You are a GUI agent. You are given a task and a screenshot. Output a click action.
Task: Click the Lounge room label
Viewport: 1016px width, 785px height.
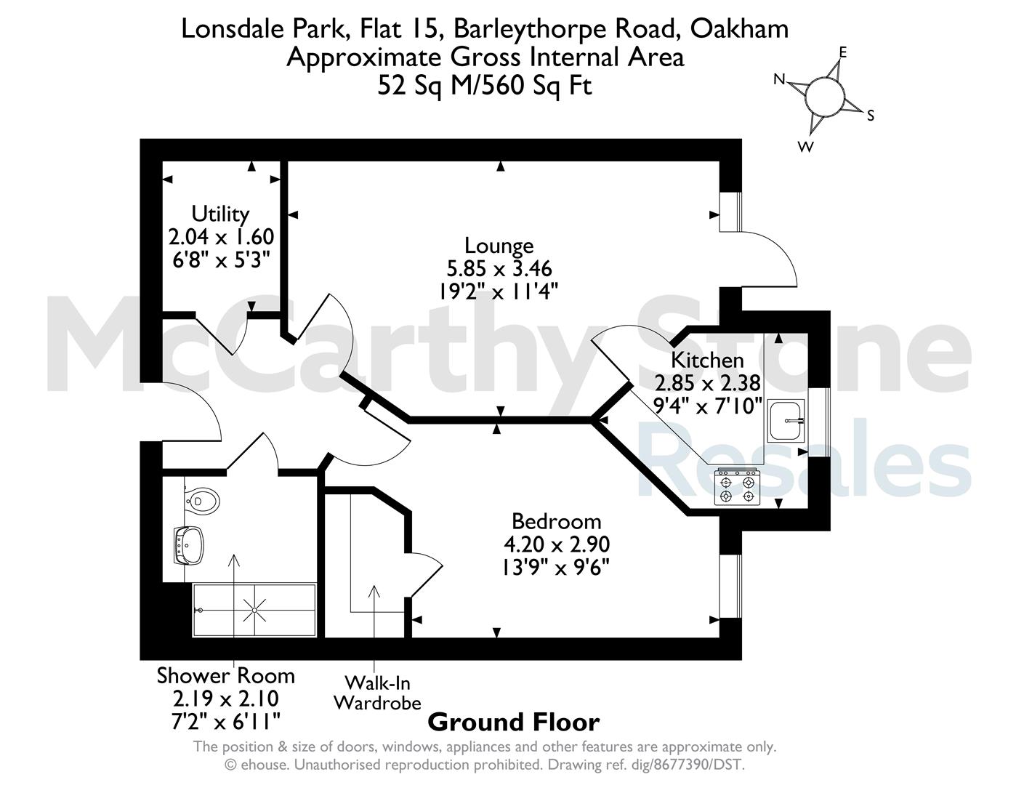pos(499,246)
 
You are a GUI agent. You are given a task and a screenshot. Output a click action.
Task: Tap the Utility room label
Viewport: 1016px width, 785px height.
pos(220,214)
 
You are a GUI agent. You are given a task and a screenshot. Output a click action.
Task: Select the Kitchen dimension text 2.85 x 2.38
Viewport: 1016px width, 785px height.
pos(707,383)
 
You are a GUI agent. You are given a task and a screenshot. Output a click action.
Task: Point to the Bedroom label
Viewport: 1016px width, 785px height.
pos(557,521)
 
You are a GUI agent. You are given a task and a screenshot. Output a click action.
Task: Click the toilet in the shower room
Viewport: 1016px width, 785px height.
pos(202,501)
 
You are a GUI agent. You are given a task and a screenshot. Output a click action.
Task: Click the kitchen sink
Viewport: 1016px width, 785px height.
pos(786,420)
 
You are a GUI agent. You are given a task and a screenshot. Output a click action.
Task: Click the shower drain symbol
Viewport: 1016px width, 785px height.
pos(255,611)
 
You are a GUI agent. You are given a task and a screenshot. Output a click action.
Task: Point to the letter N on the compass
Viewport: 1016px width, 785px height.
pos(779,79)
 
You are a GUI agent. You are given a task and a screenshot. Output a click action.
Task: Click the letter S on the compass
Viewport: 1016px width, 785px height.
pos(870,115)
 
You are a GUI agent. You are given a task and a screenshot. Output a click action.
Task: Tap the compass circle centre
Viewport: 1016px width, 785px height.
pos(826,97)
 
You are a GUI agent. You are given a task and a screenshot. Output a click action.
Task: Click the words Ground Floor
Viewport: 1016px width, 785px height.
pos(513,722)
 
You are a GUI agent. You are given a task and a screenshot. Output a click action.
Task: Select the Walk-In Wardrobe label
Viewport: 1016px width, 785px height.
pos(377,693)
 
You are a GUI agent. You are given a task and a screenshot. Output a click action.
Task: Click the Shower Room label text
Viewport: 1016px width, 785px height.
pos(225,676)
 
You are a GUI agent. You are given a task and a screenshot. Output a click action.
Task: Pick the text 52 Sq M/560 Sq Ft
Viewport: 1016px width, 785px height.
pos(485,86)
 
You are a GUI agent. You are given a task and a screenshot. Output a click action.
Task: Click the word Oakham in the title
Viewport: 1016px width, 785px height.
pos(739,29)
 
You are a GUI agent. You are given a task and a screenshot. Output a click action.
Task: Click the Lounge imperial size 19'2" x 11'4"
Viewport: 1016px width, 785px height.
pos(499,292)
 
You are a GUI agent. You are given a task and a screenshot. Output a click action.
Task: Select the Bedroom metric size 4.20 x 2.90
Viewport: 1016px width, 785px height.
pos(557,544)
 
